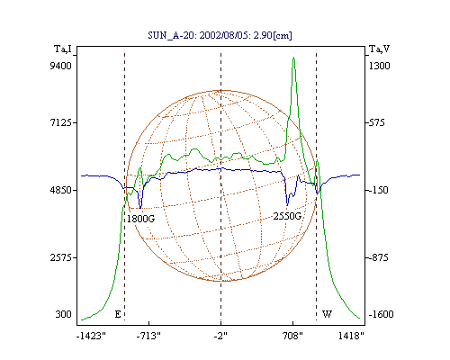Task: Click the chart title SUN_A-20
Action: (x=170, y=35)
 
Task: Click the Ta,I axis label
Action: (x=63, y=49)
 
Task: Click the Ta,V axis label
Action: (x=379, y=49)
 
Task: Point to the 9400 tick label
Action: (x=60, y=66)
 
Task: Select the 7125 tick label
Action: (x=61, y=122)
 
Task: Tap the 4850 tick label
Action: (x=61, y=190)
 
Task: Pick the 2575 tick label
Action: (x=61, y=257)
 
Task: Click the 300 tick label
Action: (x=63, y=314)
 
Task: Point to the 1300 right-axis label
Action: (x=379, y=66)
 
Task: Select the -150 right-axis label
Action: (x=378, y=190)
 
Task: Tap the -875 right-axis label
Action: (x=378, y=257)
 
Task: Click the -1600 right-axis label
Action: (x=381, y=314)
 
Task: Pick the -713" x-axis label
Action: (x=148, y=336)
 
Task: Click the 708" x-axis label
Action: (x=292, y=336)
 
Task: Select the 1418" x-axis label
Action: (x=351, y=336)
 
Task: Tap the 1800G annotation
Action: (x=140, y=219)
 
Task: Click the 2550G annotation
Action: (x=287, y=216)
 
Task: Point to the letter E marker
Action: (x=118, y=314)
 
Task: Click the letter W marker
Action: (x=327, y=314)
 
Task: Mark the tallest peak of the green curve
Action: (x=293, y=58)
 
